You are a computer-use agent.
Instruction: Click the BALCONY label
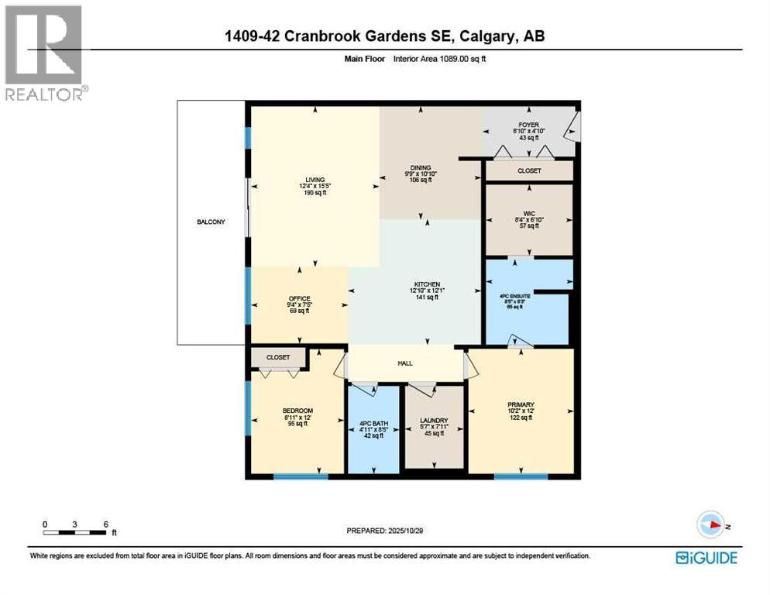click(x=210, y=222)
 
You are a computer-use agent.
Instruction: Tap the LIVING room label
click(x=315, y=179)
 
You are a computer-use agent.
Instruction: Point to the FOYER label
click(x=529, y=124)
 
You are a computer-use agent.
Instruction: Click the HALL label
click(x=406, y=363)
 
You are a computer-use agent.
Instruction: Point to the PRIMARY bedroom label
click(x=521, y=404)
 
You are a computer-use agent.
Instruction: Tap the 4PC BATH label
click(x=373, y=424)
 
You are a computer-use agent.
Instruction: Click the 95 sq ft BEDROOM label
click(x=297, y=411)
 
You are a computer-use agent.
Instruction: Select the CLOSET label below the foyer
click(x=529, y=170)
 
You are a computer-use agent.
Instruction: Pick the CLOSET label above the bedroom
click(x=278, y=357)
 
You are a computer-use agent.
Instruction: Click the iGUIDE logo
click(x=706, y=557)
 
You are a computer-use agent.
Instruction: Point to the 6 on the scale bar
click(x=105, y=524)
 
